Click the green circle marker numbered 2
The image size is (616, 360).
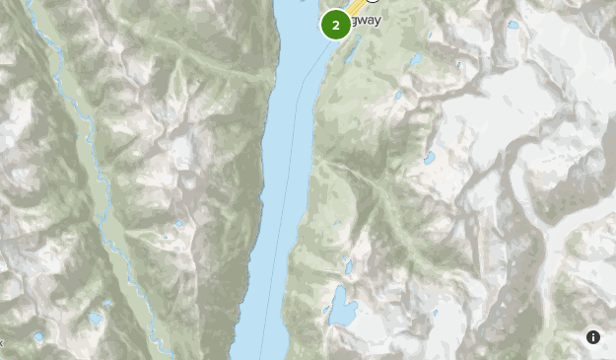coord(336,25)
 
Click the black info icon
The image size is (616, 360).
coord(593,337)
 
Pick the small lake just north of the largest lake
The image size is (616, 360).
coord(349,266)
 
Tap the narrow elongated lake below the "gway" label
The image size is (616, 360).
coord(415,61)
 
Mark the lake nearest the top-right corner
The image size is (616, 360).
coord(513,25)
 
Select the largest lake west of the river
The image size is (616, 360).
coord(95,318)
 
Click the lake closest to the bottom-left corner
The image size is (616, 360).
coord(37,336)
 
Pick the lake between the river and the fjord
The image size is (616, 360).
coord(179,225)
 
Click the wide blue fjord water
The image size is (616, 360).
coord(286,128)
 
